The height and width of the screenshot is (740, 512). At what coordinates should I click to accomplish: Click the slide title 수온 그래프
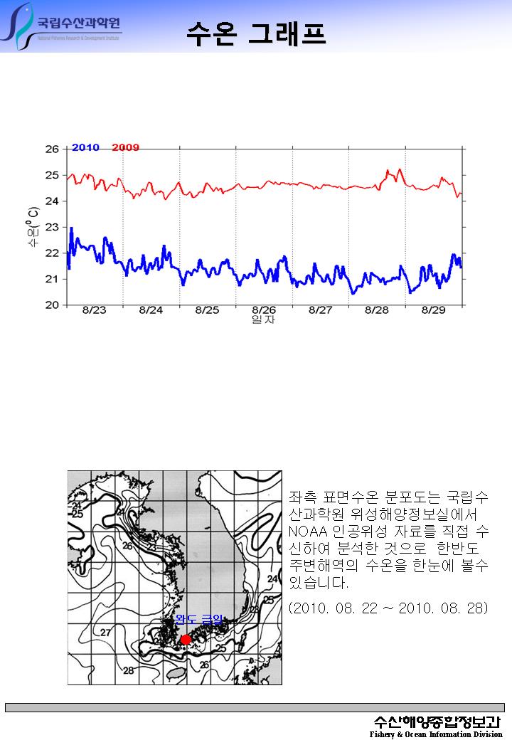pos(256,33)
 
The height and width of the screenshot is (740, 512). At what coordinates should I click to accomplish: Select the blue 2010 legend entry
pos(85,148)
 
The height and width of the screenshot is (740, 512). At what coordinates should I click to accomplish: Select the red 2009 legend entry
pos(126,148)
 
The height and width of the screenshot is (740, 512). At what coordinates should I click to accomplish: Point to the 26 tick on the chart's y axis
pos(52,149)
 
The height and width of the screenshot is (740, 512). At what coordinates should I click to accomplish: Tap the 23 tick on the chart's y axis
pos(52,227)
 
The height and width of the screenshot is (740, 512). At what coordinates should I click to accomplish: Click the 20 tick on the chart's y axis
pos(52,305)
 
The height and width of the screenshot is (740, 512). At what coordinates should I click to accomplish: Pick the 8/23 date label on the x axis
pos(94,310)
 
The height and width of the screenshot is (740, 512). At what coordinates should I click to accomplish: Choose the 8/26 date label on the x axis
pos(264,310)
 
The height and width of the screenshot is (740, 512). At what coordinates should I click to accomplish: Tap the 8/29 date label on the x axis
pos(434,310)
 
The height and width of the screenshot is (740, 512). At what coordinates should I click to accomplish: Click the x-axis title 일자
pos(264,320)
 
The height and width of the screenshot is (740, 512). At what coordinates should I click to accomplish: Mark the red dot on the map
pos(186,640)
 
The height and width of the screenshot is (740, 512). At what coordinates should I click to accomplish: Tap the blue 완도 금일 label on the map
pos(198,620)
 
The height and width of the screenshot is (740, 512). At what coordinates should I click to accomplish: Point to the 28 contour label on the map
pos(129,670)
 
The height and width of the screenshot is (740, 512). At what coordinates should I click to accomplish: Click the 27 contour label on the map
pos(105,632)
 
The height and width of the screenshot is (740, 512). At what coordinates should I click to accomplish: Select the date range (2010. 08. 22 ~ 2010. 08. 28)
pos(388,609)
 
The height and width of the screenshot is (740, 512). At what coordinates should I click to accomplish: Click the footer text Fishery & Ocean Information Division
pos(435,734)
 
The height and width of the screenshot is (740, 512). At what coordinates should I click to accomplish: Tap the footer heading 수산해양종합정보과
pos(437,721)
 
